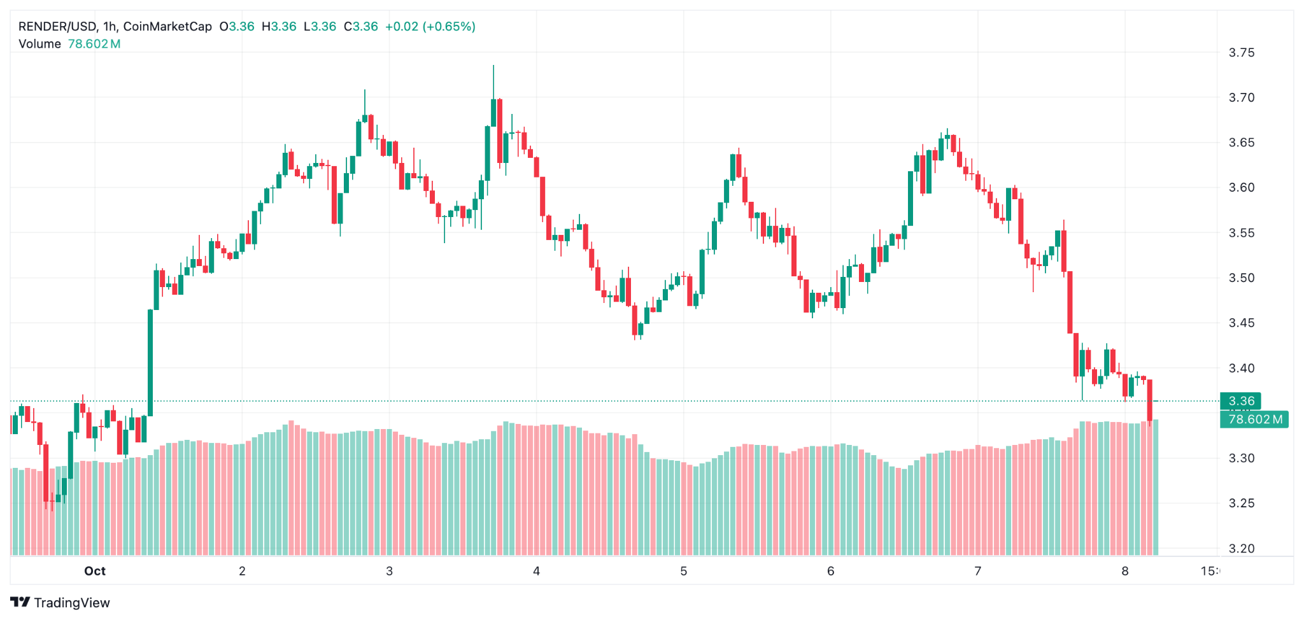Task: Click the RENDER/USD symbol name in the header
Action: coord(57,27)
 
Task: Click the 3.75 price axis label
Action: coord(1241,53)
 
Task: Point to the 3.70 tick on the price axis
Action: coord(1241,98)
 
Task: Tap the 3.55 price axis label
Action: coord(1241,233)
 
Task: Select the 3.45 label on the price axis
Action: coord(1241,323)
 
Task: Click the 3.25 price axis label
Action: coord(1241,504)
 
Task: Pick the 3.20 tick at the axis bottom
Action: coord(1241,549)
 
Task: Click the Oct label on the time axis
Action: coord(95,571)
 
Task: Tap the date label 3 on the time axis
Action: coord(389,571)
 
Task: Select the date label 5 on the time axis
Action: coord(683,571)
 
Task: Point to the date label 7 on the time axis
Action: coord(977,571)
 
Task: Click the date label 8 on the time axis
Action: coord(1124,571)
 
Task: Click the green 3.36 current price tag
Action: coord(1240,401)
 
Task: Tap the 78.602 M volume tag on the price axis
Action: coord(1254,419)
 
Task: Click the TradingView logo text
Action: coord(71,603)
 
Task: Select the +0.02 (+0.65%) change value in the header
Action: coord(430,27)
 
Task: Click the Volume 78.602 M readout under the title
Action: coord(69,44)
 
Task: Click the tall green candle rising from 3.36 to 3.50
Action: coord(151,363)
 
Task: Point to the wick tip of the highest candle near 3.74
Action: coord(493,66)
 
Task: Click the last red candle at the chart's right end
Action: coord(1149,400)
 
